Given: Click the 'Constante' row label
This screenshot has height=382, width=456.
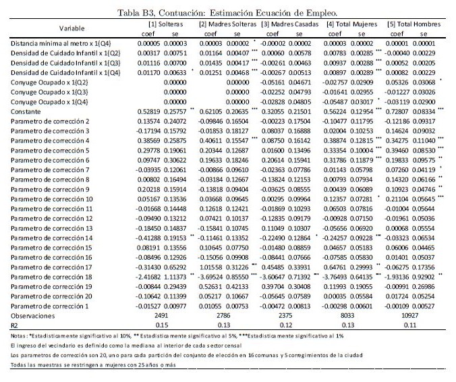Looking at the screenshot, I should point(26,109).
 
